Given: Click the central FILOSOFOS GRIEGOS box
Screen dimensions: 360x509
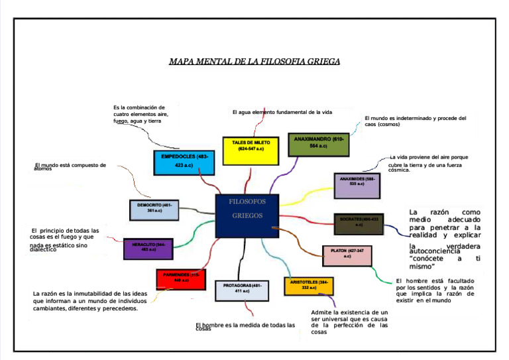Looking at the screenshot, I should point(246,215).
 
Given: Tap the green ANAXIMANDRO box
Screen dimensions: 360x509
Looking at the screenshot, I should point(318,144).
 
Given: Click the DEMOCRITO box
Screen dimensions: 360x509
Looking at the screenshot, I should point(154,210).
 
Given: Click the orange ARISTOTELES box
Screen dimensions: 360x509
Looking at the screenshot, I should point(309,286).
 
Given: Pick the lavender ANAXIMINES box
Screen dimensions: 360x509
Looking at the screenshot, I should point(357,185).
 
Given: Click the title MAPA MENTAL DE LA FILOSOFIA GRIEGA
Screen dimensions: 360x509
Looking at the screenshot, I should point(254,62).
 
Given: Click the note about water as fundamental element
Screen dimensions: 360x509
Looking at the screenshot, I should point(282,112).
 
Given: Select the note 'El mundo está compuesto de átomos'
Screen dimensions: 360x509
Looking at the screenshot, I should point(70,166).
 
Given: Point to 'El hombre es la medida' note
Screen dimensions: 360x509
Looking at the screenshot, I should point(245,326).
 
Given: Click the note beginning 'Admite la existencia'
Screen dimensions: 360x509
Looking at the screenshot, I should point(349,322).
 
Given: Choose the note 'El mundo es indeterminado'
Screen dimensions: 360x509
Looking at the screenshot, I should point(416,121).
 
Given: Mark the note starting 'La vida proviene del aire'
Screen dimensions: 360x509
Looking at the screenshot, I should point(427,163).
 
